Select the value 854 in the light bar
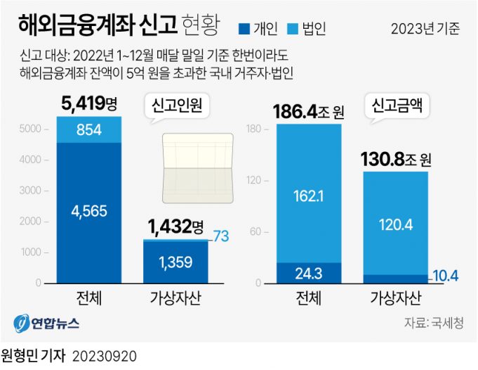pos(88,129)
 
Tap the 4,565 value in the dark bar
pos(88,210)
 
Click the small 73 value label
pos(221,236)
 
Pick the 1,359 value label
pos(175,262)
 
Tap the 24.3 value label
pos(309,273)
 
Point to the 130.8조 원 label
pos(395,159)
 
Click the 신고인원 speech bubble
pos(177,106)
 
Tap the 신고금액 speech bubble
pos(397,108)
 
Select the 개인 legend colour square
pos(244,29)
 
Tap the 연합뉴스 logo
pos(46,324)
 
